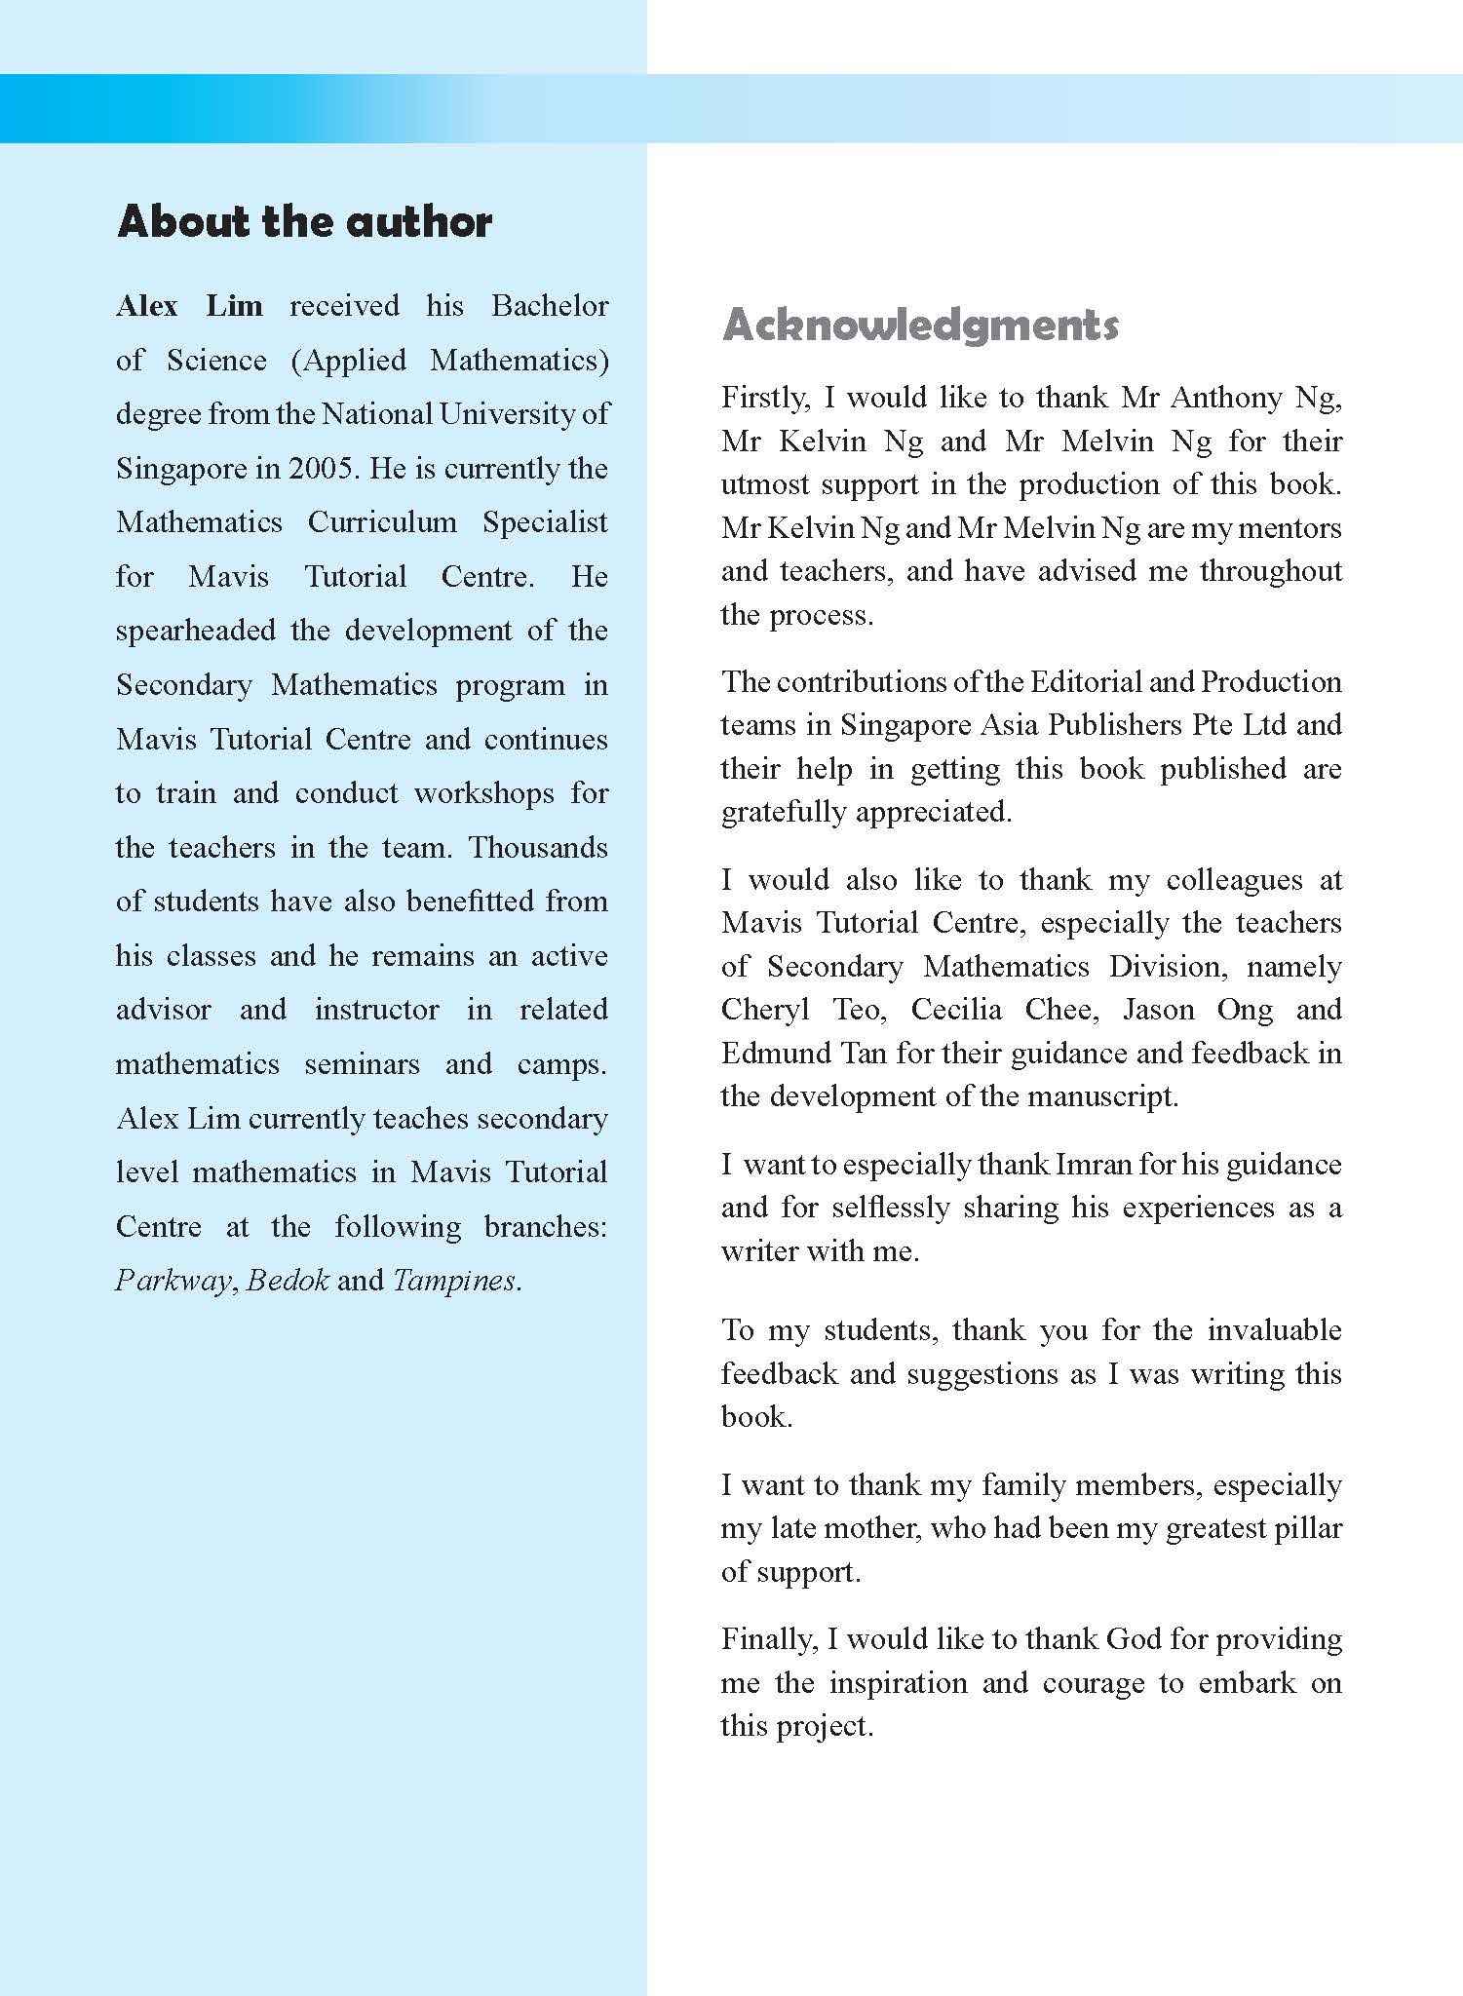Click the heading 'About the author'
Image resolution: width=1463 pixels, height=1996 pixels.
304,222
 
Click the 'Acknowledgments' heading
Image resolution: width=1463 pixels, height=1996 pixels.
919,326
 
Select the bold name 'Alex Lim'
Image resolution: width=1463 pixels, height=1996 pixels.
189,306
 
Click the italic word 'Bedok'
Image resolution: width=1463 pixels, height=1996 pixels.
288,1281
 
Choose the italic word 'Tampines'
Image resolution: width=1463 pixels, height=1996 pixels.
453,1281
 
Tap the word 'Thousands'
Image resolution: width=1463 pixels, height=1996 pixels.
538,847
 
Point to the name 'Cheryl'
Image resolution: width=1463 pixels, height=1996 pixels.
765,1010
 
